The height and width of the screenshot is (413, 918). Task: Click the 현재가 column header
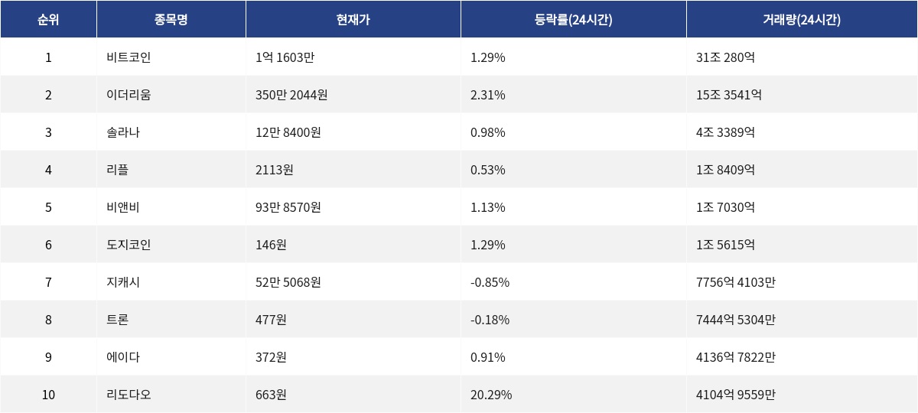tap(353, 20)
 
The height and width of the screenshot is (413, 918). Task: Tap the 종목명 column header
tap(171, 20)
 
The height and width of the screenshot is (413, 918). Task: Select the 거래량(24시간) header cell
tap(801, 20)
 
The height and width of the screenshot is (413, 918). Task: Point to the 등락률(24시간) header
tap(573, 20)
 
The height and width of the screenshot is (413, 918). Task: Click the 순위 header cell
tap(48, 20)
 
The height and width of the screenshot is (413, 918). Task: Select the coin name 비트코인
tap(123, 57)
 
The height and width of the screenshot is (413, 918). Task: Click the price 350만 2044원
tap(291, 95)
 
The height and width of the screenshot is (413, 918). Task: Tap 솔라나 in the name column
tap(123, 132)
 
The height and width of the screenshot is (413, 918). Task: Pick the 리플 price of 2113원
tap(274, 170)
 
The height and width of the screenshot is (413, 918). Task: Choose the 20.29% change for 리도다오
tap(491, 395)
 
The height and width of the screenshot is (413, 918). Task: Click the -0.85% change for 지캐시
tap(490, 282)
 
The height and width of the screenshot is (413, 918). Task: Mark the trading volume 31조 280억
tap(725, 57)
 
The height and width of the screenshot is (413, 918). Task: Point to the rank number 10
tap(48, 395)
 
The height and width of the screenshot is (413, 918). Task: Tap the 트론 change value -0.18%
tap(490, 320)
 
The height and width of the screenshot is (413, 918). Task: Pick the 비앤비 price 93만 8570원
tap(288, 207)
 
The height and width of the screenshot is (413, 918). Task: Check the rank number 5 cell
tap(48, 207)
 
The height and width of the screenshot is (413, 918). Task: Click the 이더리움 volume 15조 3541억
tap(728, 95)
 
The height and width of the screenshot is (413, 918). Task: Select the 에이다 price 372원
tap(271, 357)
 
